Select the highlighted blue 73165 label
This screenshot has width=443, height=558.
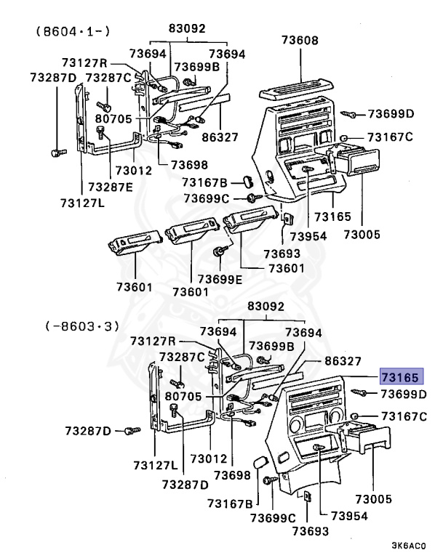pos(399,378)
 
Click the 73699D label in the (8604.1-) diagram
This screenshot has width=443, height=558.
pos(390,113)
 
